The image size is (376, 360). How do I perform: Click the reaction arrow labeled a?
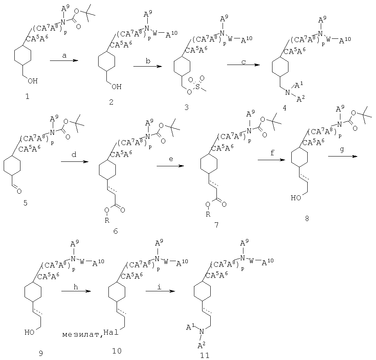click(64, 60)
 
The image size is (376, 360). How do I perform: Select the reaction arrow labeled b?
click(148, 66)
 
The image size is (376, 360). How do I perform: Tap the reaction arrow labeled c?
click(243, 65)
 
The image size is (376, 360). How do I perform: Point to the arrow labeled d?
click(74, 162)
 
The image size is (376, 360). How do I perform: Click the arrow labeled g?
click(343, 157)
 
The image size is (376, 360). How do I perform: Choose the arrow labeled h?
click(76, 291)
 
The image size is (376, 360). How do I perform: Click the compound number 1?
click(27, 96)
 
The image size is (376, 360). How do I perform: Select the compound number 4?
click(284, 108)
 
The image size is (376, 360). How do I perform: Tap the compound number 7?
click(216, 225)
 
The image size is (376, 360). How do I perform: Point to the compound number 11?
click(205, 356)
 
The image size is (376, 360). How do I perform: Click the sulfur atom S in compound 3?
click(197, 87)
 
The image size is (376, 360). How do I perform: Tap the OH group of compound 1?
click(33, 81)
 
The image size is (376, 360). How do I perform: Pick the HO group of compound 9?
click(29, 332)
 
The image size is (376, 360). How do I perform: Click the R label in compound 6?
click(107, 220)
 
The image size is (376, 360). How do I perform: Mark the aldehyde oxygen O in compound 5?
click(19, 191)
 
